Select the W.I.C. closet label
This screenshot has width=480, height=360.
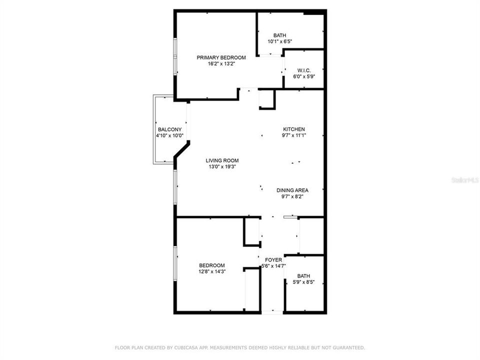pos(304,70)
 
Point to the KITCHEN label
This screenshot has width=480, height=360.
pos(293,129)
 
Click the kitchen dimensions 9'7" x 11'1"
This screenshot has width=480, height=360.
pos(293,135)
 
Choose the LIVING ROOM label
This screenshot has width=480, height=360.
pos(222,161)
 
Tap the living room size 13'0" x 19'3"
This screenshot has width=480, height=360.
pos(222,167)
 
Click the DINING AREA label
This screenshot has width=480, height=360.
pos(292,190)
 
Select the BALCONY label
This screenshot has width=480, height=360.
pos(169,129)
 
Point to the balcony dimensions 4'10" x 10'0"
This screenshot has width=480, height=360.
pos(169,135)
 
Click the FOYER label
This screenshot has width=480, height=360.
pos(273,260)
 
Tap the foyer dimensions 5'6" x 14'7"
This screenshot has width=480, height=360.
pos(273,266)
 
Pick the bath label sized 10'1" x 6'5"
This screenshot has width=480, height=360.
pos(279,35)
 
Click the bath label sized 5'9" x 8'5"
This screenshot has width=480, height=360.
pos(303,276)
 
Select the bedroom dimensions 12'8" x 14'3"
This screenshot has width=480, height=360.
pos(212,271)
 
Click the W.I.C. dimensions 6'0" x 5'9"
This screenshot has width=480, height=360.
pos(304,76)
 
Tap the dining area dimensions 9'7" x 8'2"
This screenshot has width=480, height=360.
pos(292,196)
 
